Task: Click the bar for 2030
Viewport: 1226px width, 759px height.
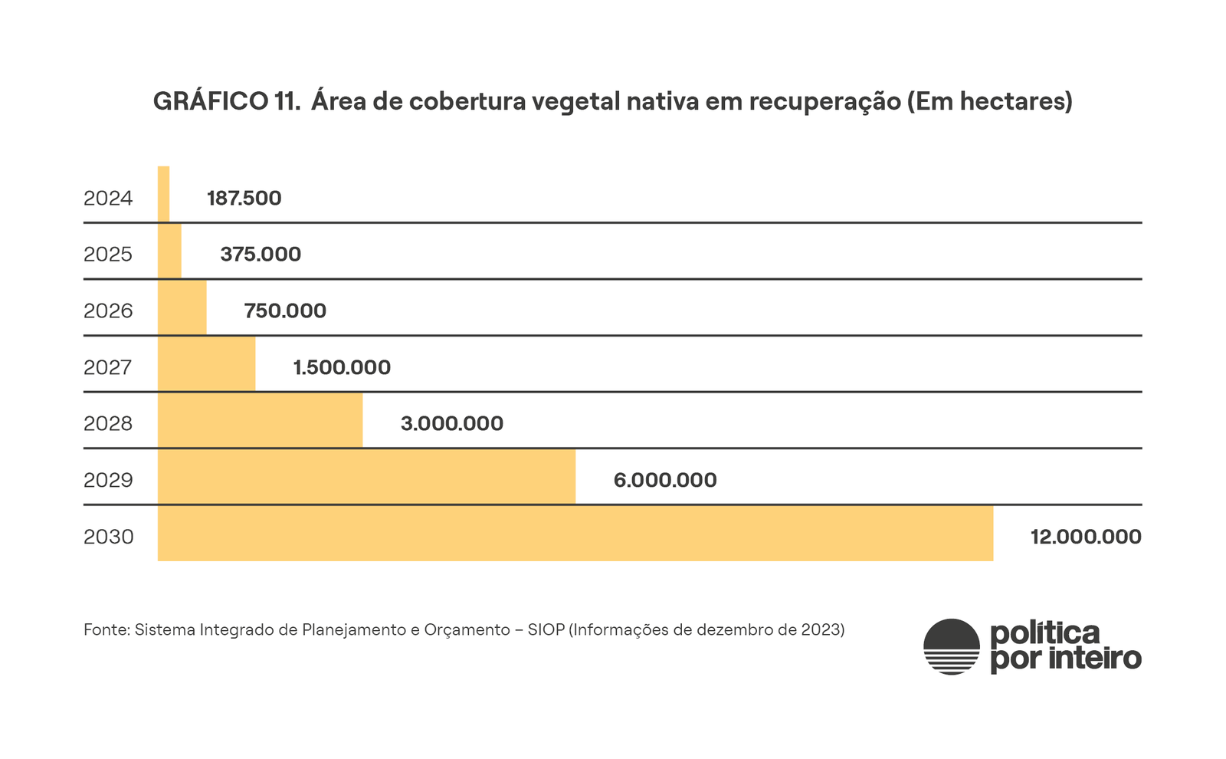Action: pos(575,534)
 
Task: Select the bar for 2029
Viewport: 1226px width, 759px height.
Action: pos(366,477)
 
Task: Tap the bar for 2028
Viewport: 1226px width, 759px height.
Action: pos(260,420)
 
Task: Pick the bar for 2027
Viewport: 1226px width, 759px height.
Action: pos(206,364)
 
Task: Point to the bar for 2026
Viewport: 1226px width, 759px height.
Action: pos(182,307)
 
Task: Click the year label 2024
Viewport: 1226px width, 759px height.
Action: pos(108,199)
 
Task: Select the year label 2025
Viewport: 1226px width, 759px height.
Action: pos(108,255)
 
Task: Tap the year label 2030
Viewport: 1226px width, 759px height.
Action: pos(108,537)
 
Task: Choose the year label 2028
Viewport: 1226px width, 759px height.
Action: pos(108,424)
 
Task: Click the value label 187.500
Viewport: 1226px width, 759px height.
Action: pos(244,199)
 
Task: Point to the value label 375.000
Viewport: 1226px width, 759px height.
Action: pos(261,255)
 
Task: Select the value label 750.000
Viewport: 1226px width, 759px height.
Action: pos(285,310)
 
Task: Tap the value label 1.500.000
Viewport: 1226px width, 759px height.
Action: pos(342,367)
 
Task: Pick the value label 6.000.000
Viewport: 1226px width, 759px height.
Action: pos(665,481)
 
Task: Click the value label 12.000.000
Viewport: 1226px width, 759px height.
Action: pos(1086,537)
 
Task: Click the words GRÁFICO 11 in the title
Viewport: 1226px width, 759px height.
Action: pos(226,101)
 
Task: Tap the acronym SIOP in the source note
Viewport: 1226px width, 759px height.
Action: pos(546,630)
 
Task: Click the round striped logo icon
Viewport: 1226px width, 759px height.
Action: pos(952,646)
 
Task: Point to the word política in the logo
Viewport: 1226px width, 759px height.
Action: pos(1045,634)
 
